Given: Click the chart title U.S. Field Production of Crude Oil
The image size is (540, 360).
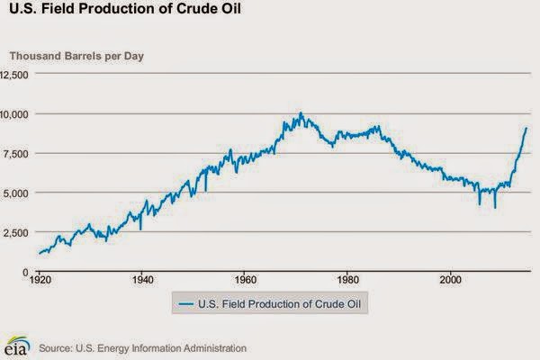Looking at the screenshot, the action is [125, 8].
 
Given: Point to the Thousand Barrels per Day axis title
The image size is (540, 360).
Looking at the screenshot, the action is [76, 56].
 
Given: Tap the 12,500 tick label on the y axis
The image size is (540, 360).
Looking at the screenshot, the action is [14, 75].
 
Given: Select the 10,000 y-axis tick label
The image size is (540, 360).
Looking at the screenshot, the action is [14, 114].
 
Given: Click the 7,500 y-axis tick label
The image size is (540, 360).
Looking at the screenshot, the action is [16, 154].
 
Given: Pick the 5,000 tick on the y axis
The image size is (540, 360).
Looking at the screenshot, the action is [16, 193].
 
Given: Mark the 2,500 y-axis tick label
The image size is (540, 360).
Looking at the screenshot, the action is [16, 233].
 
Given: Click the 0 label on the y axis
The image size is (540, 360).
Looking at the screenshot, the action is [25, 273].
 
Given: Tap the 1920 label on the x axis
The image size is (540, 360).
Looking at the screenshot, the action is [40, 280].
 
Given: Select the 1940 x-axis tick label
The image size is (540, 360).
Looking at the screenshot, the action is [143, 280].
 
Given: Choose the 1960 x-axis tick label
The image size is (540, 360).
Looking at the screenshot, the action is [246, 280].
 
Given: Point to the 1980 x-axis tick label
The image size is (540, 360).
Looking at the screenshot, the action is [348, 280].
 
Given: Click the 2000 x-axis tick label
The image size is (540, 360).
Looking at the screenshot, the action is [451, 280].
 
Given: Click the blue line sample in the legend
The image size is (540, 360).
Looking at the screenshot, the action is [186, 304].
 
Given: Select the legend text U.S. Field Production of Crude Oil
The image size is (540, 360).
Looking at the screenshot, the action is [279, 304].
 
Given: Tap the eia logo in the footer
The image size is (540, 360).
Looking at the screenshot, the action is [16, 346].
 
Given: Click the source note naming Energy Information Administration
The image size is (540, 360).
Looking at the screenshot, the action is [142, 348].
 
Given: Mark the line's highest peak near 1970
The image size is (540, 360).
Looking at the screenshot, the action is [301, 112].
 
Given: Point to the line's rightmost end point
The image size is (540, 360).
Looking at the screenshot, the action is [526, 128].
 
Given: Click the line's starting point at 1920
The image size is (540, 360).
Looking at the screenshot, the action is [40, 254].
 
